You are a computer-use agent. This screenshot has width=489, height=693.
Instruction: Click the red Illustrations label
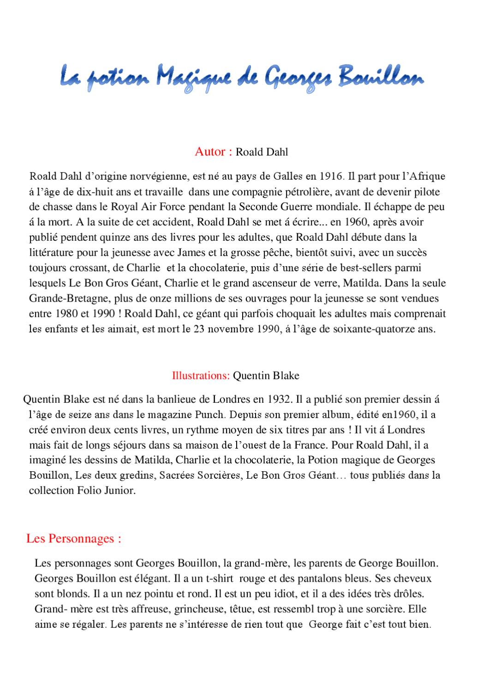tap(200, 375)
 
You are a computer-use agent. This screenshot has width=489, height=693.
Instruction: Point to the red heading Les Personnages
tap(73, 538)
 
